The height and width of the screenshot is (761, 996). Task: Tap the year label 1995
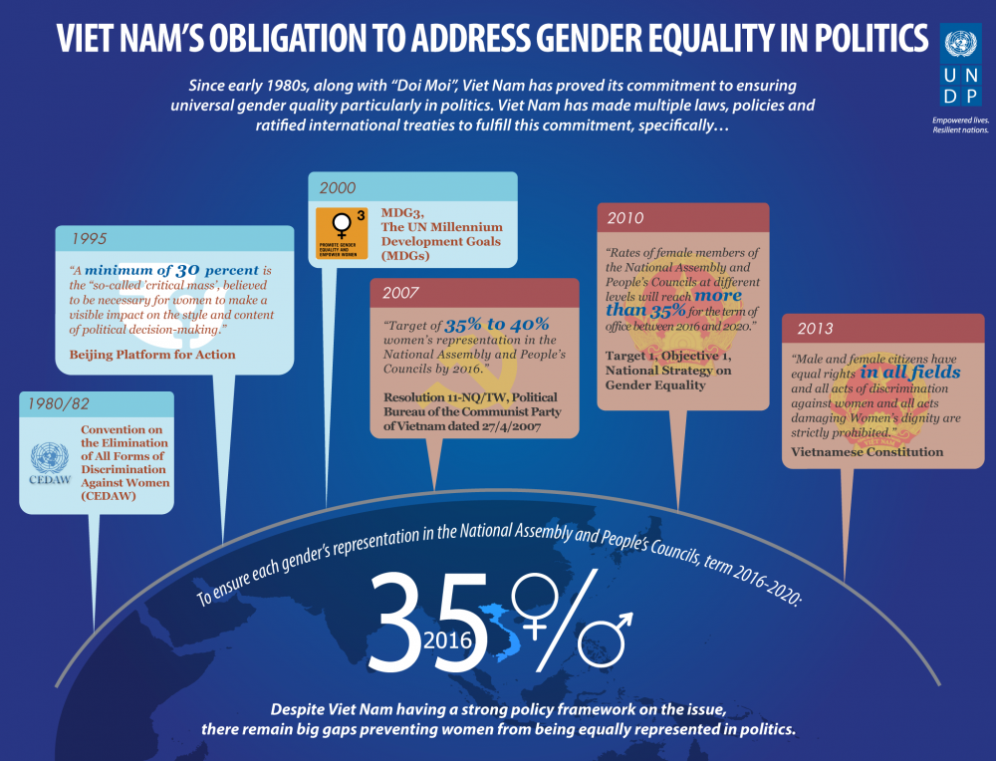click(x=90, y=239)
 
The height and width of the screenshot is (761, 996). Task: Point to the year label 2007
click(x=400, y=294)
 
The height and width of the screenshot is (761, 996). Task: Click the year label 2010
click(x=624, y=218)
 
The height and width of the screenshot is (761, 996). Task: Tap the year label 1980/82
click(x=59, y=405)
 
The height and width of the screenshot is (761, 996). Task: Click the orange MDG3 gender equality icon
click(x=341, y=233)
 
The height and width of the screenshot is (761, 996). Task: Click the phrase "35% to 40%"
click(x=496, y=325)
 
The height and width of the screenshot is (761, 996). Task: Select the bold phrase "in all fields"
click(x=911, y=373)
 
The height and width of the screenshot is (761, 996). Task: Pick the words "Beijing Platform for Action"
click(x=152, y=355)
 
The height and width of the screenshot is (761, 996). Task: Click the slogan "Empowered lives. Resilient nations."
click(x=960, y=126)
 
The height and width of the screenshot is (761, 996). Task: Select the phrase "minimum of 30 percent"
click(x=171, y=270)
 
